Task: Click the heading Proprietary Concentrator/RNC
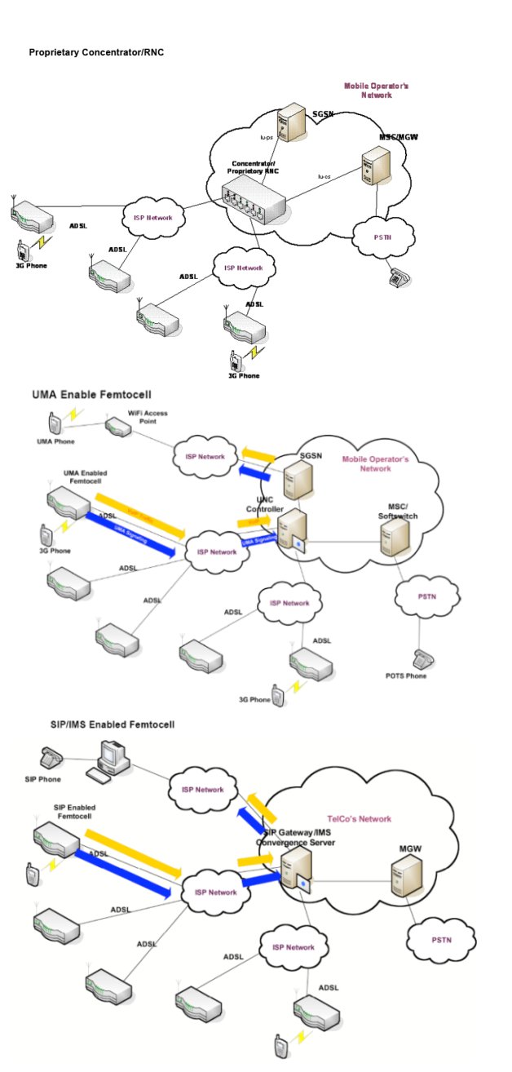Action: pos(98,52)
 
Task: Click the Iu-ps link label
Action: pos(266,138)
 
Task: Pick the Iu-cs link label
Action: pos(324,177)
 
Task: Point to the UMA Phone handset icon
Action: pos(53,423)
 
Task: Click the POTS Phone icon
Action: pos(422,658)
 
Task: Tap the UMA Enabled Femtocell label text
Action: pos(86,476)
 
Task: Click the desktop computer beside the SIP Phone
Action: pos(111,755)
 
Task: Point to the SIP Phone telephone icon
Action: pos(51,755)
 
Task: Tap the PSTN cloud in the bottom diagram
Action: pos(440,940)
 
